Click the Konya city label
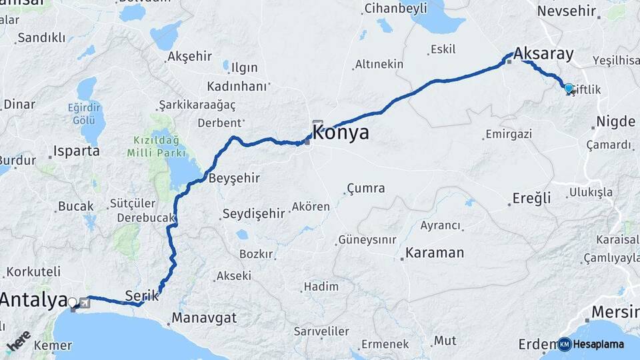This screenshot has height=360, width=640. tap(341, 132)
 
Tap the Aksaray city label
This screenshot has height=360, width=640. tap(543, 54)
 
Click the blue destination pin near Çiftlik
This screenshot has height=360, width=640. tap(569, 88)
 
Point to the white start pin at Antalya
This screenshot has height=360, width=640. tap(73, 303)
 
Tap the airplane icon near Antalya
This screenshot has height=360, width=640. tap(85, 303)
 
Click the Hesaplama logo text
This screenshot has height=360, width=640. tap(599, 345)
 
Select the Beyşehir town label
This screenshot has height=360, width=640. tap(234, 179)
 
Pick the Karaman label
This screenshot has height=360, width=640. tap(435, 253)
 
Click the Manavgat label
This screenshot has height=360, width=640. tap(204, 317)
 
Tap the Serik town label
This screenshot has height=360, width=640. tap(141, 294)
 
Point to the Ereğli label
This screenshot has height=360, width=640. tap(531, 198)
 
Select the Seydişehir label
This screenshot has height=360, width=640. tap(253, 213)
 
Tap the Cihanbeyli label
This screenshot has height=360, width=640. tap(395, 9)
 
